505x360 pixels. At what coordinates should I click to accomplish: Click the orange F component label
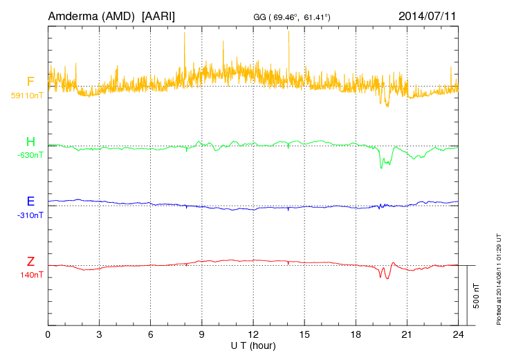[30, 82]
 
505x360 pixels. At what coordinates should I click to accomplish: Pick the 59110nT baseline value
[26, 96]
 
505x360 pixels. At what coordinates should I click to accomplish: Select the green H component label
[30, 142]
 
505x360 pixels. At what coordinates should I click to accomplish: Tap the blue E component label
[30, 201]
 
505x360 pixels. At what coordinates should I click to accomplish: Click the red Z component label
[30, 262]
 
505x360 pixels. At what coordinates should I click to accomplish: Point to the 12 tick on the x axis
[253, 334]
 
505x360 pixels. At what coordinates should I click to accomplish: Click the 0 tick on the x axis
[48, 334]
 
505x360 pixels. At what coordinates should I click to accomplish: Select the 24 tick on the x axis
[458, 334]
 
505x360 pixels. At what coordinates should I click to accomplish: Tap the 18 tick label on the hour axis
[356, 334]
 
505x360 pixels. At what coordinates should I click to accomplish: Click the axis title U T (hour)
[253, 345]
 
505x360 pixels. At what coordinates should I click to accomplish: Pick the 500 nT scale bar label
[477, 296]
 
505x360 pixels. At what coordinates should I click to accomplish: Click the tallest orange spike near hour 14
[288, 33]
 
